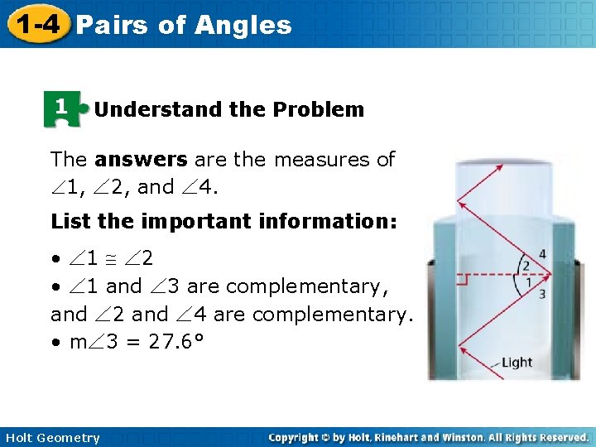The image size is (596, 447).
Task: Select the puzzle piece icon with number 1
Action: (60, 108)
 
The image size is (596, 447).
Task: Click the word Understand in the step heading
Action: (147, 109)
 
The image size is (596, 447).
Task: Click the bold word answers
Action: (141, 159)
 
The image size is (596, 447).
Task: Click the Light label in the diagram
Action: (517, 363)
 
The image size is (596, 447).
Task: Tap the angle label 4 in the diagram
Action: (541, 253)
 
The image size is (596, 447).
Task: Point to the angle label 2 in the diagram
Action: (524, 266)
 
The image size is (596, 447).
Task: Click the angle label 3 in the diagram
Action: (541, 294)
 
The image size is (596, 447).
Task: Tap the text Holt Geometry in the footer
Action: (52, 438)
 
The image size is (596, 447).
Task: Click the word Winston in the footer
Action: (449, 437)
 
